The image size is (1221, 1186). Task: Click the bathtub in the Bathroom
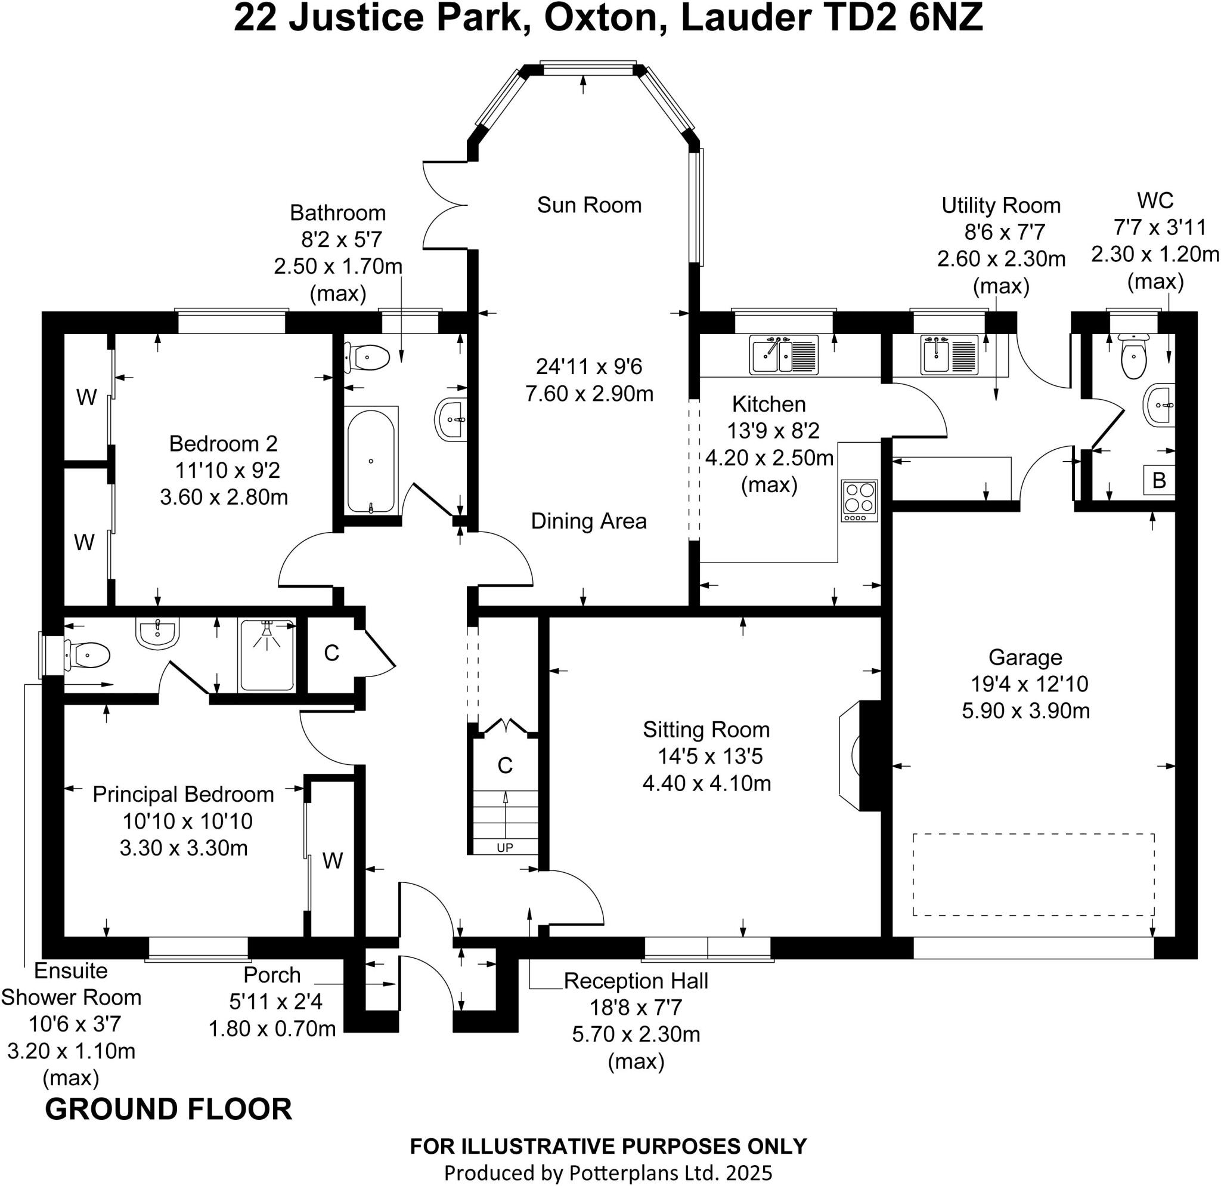tap(371, 461)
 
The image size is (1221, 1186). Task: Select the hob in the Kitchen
tap(860, 501)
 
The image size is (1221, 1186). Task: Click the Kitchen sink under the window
tap(783, 355)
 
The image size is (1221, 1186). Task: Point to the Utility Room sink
tap(949, 355)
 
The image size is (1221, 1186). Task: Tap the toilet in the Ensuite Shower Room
tap(86, 655)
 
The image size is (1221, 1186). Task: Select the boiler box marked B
tap(1159, 480)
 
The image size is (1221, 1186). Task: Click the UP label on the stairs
tap(504, 848)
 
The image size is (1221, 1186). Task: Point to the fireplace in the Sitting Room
tap(860, 756)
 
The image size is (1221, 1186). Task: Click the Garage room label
tap(1025, 657)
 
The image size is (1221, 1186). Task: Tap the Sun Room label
tap(589, 205)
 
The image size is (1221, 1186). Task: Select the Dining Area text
tap(588, 521)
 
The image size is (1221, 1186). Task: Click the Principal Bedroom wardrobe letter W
tap(333, 861)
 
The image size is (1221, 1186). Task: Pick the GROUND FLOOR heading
tap(169, 1110)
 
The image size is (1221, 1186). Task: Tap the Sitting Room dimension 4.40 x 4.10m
tap(707, 783)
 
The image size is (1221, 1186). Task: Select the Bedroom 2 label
tap(224, 444)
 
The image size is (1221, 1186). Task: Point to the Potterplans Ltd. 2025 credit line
tap(608, 1172)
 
